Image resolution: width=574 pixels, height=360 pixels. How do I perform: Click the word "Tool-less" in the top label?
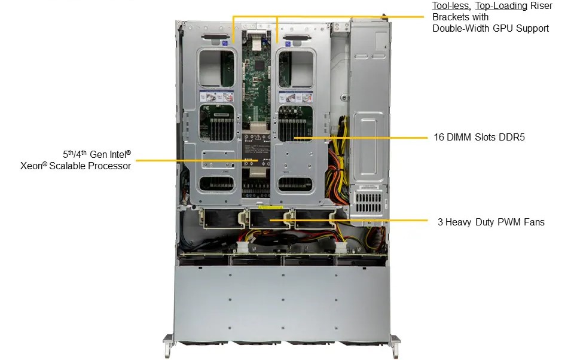point(451,6)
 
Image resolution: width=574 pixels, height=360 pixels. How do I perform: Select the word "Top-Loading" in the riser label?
point(502,6)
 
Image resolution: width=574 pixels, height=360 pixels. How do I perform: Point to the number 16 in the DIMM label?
point(439,137)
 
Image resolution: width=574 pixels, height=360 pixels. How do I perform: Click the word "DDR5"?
point(512,137)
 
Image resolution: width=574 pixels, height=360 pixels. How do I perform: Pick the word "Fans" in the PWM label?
point(532,222)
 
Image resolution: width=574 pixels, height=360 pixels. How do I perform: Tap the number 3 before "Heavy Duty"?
point(440,222)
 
